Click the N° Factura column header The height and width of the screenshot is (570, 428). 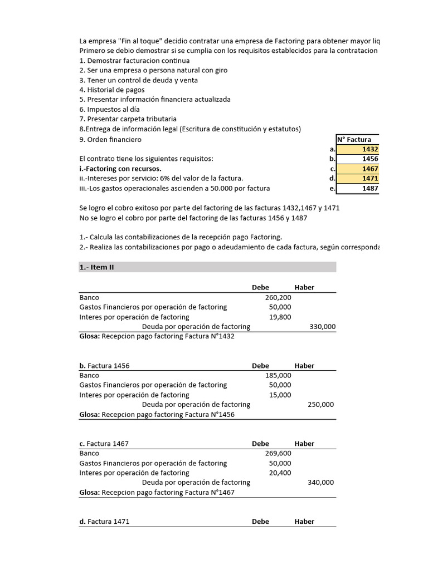(358, 139)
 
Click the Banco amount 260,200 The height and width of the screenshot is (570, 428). (278, 297)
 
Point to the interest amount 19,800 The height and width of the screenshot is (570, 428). (280, 317)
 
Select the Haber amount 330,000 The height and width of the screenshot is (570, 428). (322, 327)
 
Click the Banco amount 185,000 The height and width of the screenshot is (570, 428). (278, 375)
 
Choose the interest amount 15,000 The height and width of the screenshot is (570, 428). (280, 395)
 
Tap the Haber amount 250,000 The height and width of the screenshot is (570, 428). (320, 405)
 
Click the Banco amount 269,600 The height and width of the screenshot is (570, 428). (278, 453)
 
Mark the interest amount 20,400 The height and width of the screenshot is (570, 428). (280, 473)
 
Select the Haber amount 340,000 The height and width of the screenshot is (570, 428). (320, 483)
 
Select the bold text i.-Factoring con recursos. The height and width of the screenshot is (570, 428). (120, 169)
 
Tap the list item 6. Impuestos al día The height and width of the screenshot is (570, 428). (109, 109)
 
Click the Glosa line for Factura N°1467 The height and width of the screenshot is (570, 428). (157, 493)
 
